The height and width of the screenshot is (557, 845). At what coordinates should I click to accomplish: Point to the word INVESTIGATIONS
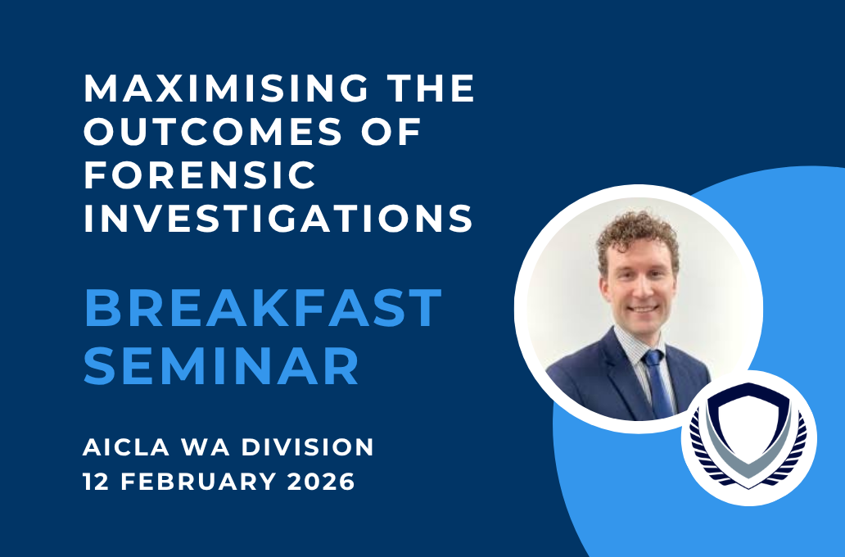[x=278, y=219]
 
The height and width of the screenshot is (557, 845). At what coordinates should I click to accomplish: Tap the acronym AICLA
[x=126, y=447]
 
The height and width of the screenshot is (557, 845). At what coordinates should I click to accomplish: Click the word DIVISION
[x=307, y=447]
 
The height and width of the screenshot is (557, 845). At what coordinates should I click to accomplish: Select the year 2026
[x=321, y=481]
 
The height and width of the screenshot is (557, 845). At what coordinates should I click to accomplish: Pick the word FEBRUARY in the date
[x=198, y=481]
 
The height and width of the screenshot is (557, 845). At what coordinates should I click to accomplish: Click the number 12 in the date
[x=97, y=481]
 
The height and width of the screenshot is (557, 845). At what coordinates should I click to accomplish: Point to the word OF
[x=391, y=132]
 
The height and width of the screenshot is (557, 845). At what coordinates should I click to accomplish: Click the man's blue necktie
[x=658, y=382]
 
